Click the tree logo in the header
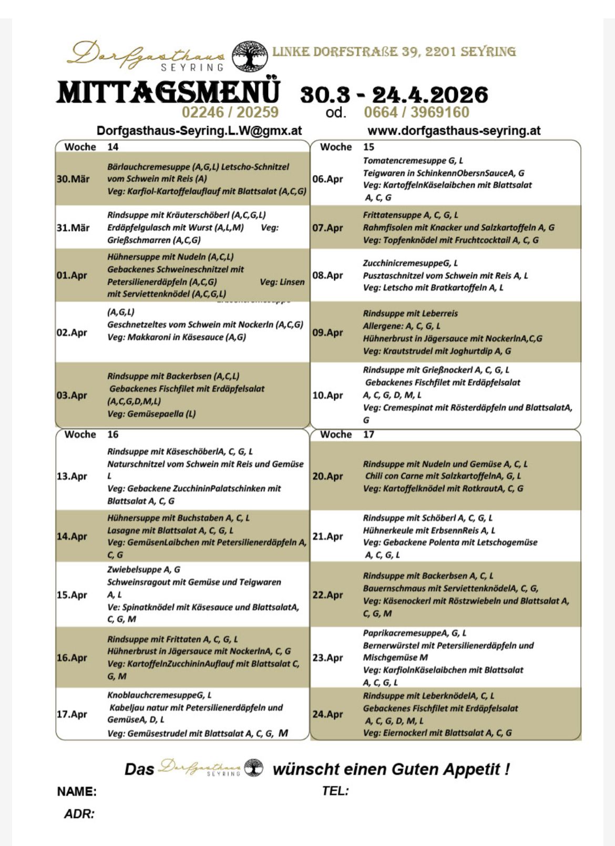click(x=250, y=56)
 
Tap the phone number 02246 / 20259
click(x=230, y=112)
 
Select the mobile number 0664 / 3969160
click(x=416, y=112)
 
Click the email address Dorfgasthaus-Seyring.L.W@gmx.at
click(x=199, y=131)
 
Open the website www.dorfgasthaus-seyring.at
click(x=454, y=131)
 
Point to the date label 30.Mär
click(x=73, y=179)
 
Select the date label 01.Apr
click(x=72, y=276)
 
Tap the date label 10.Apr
click(x=327, y=395)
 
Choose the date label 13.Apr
click(x=72, y=476)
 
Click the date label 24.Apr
click(x=327, y=714)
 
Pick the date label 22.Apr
click(x=327, y=595)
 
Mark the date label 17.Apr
click(x=72, y=714)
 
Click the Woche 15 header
click(x=347, y=147)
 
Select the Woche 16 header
click(x=91, y=434)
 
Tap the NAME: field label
click(x=77, y=791)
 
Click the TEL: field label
click(x=335, y=791)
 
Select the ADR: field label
click(x=79, y=814)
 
